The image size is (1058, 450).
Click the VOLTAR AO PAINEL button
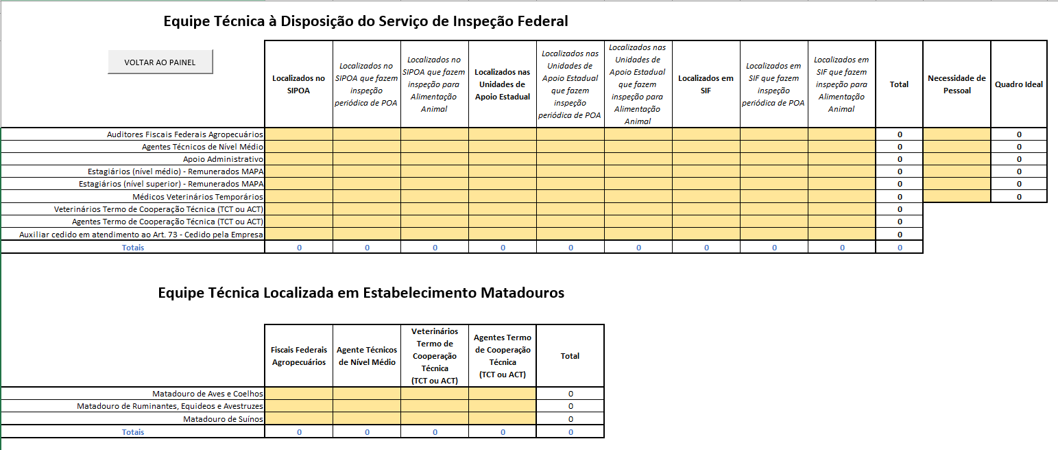(x=160, y=62)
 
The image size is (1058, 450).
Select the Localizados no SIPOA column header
(x=298, y=84)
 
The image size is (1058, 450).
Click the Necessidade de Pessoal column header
(x=957, y=84)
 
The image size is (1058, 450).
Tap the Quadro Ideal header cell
(x=1019, y=84)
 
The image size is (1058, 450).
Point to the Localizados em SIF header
(x=706, y=84)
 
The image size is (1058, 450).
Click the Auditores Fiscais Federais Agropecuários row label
(x=185, y=134)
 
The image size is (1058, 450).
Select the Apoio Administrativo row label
(x=223, y=159)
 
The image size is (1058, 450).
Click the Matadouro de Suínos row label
(x=223, y=418)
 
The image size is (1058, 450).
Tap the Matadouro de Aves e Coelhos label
(x=208, y=394)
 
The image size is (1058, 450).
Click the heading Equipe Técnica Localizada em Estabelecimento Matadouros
(x=361, y=293)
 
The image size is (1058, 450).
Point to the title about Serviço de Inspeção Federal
(x=365, y=21)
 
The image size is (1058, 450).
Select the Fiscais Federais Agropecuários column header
(x=298, y=356)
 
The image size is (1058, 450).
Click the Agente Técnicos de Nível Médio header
(x=367, y=356)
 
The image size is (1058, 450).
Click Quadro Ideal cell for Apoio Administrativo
(x=1019, y=159)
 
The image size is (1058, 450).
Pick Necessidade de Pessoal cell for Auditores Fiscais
(x=957, y=134)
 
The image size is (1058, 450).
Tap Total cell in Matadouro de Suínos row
(x=570, y=418)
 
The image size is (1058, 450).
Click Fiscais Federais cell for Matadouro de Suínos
(x=298, y=418)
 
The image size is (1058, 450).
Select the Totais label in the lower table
(x=133, y=432)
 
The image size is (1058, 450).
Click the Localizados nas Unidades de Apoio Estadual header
(x=503, y=84)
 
